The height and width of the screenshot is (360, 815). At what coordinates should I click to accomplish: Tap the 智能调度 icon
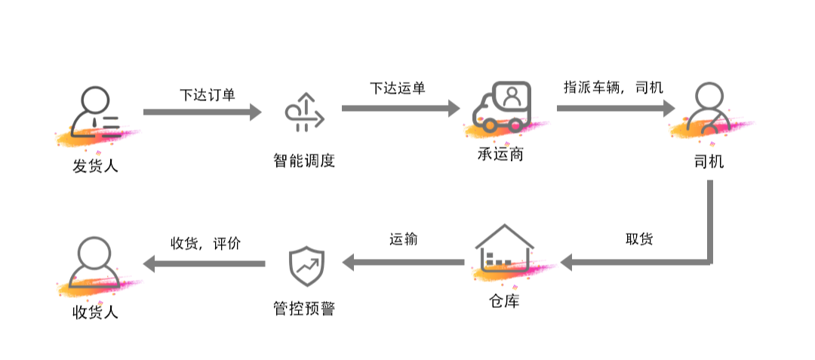[304, 113]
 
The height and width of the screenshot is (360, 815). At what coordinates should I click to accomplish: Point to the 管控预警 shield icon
[305, 264]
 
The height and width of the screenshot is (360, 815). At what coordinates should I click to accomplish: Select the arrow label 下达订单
[208, 95]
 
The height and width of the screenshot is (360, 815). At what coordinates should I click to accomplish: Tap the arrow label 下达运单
[398, 88]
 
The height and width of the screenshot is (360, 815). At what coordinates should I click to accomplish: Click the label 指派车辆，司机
[614, 87]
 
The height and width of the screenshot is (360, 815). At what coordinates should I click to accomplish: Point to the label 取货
[639, 239]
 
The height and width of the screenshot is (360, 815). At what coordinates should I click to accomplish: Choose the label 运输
[404, 239]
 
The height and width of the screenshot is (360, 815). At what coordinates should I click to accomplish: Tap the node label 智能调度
[303, 161]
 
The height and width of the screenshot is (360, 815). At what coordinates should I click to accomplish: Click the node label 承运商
[501, 155]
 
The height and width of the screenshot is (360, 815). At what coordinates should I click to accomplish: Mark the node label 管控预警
[303, 309]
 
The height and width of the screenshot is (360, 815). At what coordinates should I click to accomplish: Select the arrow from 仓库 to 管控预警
[404, 263]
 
